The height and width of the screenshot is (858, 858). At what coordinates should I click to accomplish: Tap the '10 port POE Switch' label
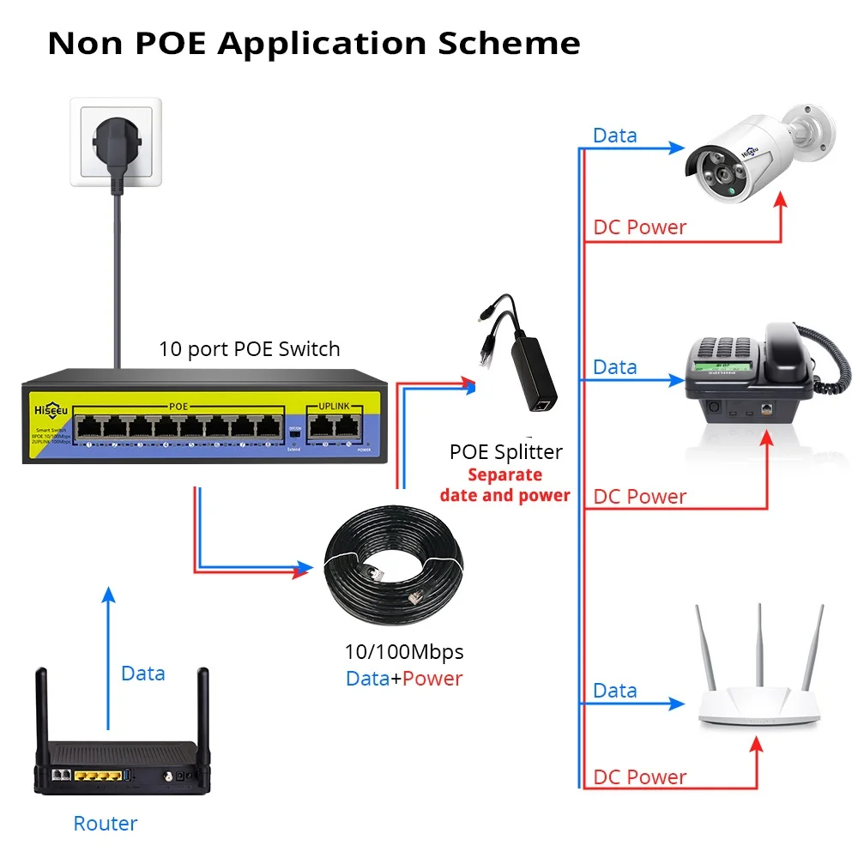[x=249, y=349]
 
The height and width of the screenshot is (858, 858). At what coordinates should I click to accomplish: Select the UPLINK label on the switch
[x=335, y=405]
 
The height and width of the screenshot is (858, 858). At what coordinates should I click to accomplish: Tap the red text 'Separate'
[x=505, y=474]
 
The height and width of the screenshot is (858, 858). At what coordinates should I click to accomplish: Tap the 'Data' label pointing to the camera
[x=614, y=136]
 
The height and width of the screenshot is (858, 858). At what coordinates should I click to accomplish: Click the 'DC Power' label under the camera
[x=639, y=227]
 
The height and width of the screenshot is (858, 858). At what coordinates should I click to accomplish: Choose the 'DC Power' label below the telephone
[x=639, y=497]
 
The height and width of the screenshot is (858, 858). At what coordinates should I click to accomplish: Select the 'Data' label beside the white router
[x=614, y=691]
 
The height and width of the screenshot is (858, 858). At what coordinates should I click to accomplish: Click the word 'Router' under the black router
[x=105, y=824]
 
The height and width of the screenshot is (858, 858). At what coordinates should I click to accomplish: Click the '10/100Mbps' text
[x=403, y=652]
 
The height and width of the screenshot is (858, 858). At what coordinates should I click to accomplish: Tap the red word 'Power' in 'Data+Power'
[x=432, y=679]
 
